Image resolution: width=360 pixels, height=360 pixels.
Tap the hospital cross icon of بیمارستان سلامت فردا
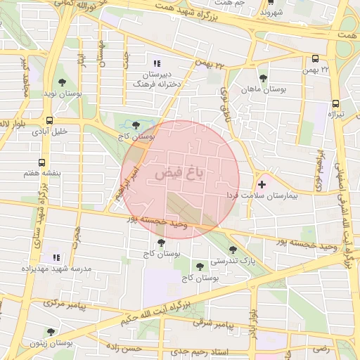point(262,184)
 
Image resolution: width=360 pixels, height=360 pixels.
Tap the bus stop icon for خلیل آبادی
point(49,120)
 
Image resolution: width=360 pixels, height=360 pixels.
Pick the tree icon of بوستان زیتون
point(50,331)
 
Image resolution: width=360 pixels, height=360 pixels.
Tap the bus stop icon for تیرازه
point(335,102)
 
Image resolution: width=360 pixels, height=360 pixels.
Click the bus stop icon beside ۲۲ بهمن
point(315,60)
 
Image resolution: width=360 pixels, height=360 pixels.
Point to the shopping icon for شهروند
point(264,3)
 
